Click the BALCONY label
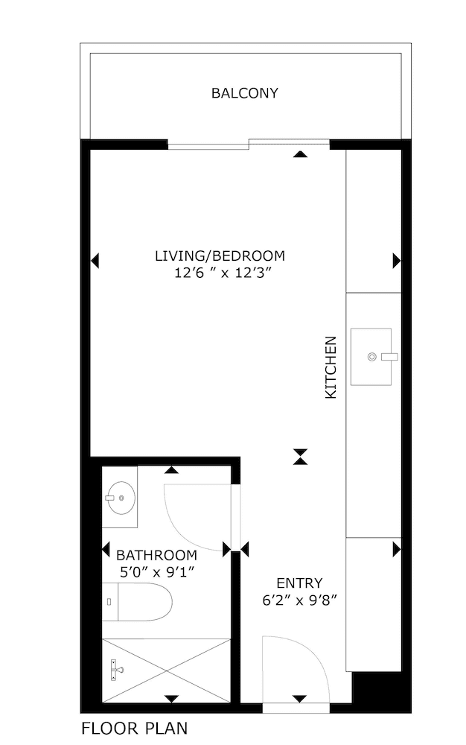click(244, 93)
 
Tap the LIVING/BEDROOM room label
click(220, 256)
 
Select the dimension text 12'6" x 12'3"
click(220, 273)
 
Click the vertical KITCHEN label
click(331, 367)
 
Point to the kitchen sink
click(371, 357)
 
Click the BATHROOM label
click(156, 555)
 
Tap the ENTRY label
click(299, 583)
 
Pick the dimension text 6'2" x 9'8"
click(299, 600)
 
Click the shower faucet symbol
click(114, 670)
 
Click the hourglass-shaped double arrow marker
click(300, 457)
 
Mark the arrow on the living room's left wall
click(95, 261)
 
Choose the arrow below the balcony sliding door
click(300, 154)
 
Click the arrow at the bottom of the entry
click(300, 698)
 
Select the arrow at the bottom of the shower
click(172, 698)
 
